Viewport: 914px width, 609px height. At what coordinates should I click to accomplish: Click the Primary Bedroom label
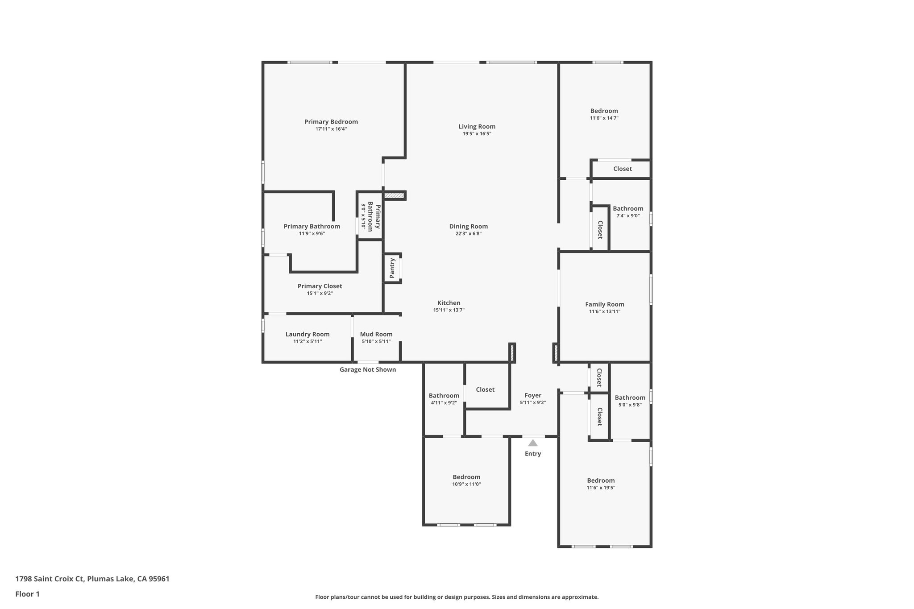coord(331,122)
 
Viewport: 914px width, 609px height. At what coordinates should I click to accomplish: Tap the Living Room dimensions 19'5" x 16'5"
coord(477,134)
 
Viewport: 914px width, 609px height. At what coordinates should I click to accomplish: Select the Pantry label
coord(392,268)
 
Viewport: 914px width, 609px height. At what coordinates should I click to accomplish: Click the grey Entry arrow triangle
coord(533,443)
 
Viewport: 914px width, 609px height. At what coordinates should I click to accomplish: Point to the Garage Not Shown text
coord(367,370)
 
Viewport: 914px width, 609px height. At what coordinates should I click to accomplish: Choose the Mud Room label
coord(376,334)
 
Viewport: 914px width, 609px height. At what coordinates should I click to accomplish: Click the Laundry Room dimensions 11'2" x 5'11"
coord(307,342)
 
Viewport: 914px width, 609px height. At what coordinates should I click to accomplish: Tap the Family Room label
coord(604,304)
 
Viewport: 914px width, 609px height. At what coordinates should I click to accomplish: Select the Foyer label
coord(533,395)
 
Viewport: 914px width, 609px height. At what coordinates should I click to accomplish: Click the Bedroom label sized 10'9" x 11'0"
coord(466,477)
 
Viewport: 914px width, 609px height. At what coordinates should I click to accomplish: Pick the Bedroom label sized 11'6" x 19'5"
coord(601,481)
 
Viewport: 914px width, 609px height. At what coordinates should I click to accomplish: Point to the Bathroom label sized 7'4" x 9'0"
coord(628,208)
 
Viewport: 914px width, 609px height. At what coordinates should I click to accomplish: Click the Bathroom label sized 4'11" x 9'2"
coord(444,396)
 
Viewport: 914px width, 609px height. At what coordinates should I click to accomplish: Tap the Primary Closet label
coord(320,286)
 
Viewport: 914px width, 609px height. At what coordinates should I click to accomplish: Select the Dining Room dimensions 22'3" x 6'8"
coord(468,234)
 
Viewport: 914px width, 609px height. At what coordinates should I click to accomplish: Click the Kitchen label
coord(449,303)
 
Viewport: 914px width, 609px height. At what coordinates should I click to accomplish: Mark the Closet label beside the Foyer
coord(485,389)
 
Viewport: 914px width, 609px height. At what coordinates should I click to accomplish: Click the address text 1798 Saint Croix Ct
coord(50,579)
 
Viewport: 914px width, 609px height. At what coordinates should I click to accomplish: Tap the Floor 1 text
coord(27,594)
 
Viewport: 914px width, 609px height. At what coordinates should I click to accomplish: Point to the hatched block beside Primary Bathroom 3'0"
coord(394,195)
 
